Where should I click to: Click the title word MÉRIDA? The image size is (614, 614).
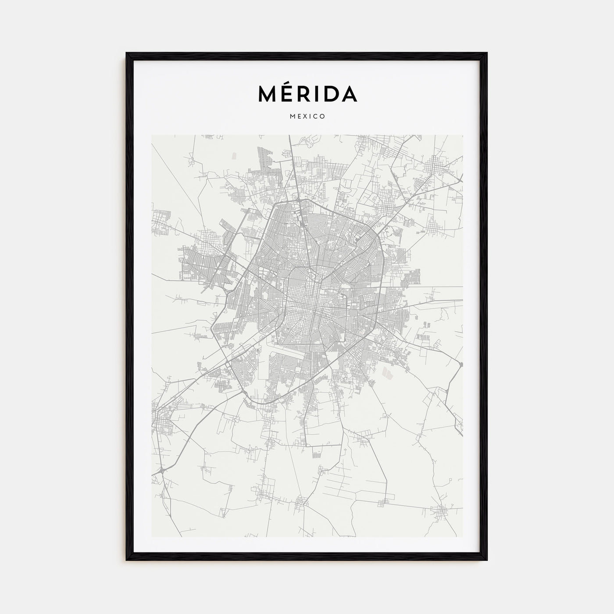[x=307, y=93]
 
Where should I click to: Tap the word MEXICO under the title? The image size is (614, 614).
[x=307, y=117]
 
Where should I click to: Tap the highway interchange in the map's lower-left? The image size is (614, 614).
[x=161, y=471]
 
